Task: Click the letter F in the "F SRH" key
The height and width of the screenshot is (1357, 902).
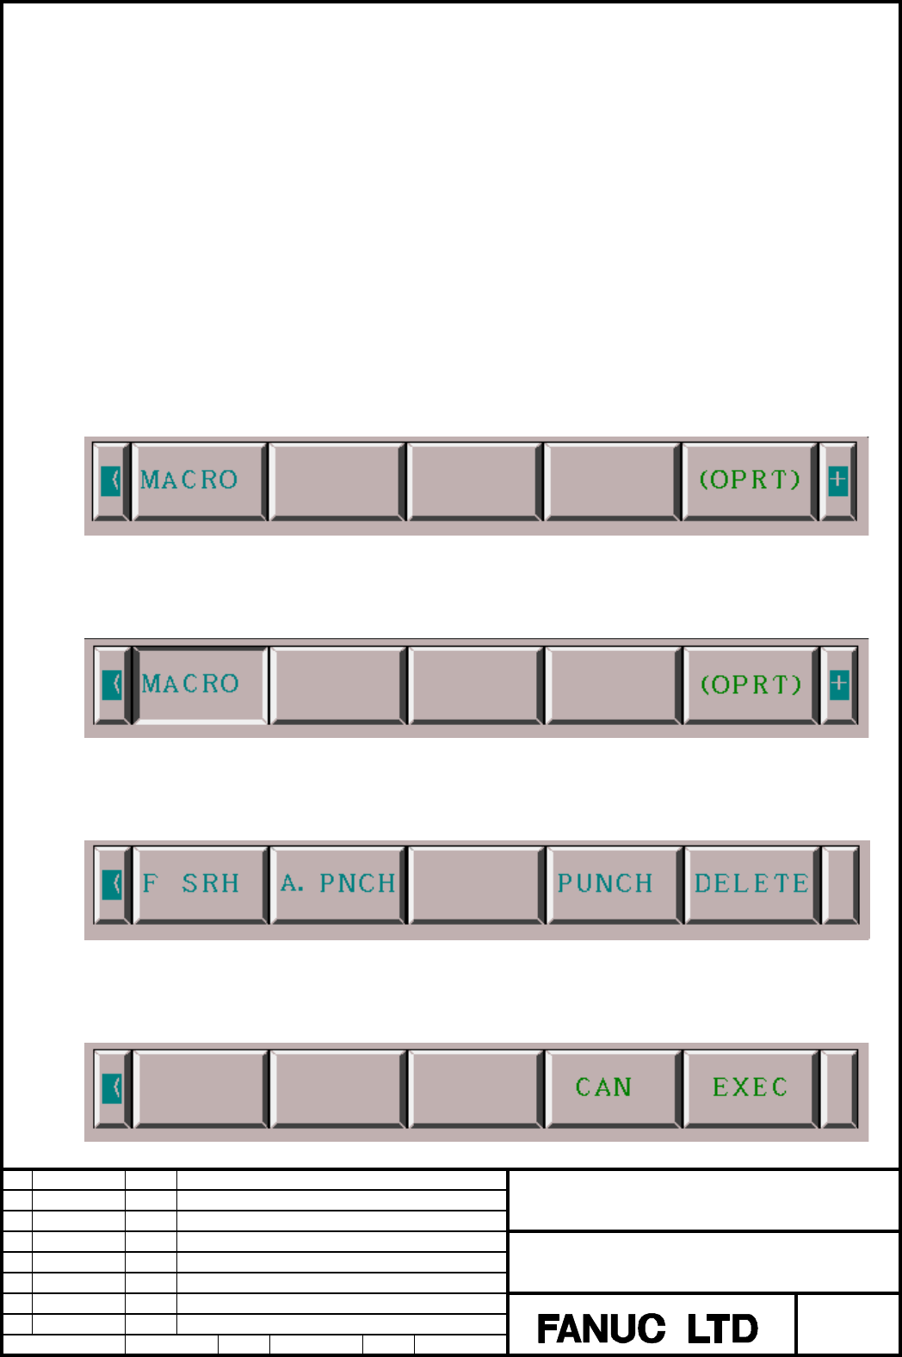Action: [150, 883]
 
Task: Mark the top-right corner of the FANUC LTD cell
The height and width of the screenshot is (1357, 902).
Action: [796, 1293]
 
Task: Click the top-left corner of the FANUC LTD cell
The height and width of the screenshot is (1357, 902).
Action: [508, 1293]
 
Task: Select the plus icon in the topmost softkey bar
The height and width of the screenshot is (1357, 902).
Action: [837, 480]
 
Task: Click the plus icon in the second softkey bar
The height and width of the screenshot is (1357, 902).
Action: [839, 684]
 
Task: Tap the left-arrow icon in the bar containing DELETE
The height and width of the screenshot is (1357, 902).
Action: [112, 884]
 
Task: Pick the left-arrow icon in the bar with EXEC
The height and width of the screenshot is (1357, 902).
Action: [112, 1088]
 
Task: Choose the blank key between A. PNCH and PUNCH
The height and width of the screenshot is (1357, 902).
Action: [476, 884]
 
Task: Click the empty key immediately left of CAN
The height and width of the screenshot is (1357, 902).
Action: [476, 1088]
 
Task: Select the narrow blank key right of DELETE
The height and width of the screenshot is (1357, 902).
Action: [840, 884]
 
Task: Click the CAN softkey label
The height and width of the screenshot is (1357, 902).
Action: [603, 1087]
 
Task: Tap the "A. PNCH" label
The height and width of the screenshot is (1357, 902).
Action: [337, 883]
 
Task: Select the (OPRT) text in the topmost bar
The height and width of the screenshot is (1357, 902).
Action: [750, 480]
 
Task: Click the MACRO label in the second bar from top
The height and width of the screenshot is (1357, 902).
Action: [190, 684]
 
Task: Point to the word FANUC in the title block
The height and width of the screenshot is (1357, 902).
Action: [601, 1329]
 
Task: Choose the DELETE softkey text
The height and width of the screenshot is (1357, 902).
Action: [751, 883]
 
